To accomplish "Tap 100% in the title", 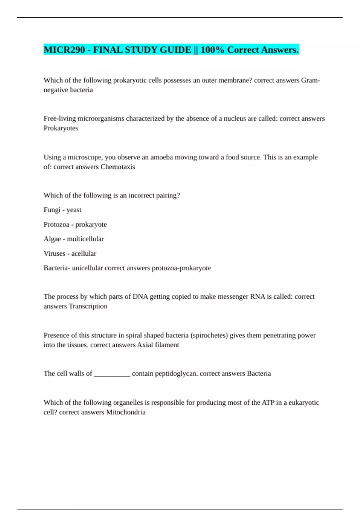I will tap(212, 50).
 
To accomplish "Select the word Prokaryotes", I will tap(61, 128).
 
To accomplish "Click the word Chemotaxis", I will tap(118, 167).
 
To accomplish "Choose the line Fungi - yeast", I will tap(62, 210).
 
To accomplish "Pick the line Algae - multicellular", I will tap(74, 239).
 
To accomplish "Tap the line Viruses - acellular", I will tap(70, 253).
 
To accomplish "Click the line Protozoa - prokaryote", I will tap(75, 224).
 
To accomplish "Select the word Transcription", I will tap(88, 306).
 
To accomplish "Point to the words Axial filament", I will tap(158, 345).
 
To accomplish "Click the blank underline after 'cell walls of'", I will tap(112, 374).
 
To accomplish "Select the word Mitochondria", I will tap(126, 412).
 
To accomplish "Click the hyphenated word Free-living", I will tap(60, 118).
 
